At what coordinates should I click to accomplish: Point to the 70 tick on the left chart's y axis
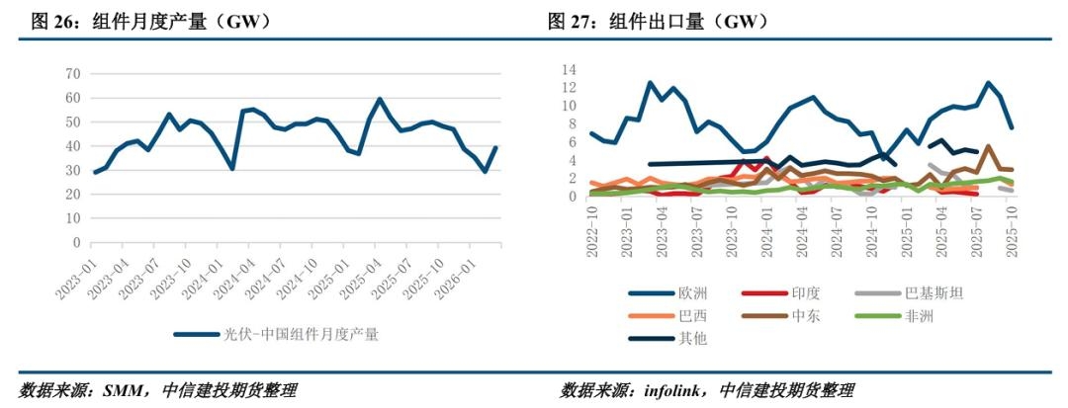pos(73,74)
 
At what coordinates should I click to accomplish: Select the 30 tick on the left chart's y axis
pos(73,170)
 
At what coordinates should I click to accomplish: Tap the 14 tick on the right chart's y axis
pos(569,69)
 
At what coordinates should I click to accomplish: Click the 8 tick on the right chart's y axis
pos(572,123)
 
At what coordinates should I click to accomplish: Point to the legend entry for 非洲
pos(919,316)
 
